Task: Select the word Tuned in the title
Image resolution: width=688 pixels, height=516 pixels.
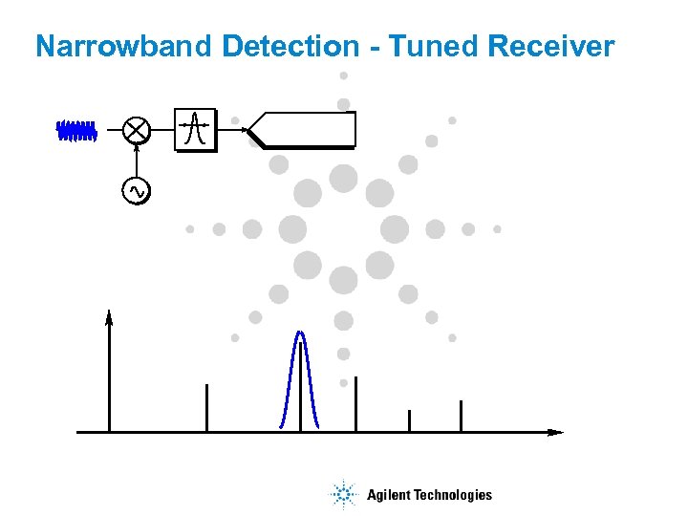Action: (435, 46)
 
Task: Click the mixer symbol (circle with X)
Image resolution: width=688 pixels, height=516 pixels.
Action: (138, 130)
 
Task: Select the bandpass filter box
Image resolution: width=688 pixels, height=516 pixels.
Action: (195, 129)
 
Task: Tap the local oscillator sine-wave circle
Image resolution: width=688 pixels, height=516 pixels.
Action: (137, 191)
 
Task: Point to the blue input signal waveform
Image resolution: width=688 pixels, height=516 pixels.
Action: (76, 130)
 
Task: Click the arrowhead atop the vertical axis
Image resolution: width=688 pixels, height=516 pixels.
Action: (109, 317)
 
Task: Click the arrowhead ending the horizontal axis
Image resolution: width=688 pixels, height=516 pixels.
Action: (556, 432)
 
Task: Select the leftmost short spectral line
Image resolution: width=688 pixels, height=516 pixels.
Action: (206, 408)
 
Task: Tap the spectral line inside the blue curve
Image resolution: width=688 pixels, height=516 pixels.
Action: (301, 392)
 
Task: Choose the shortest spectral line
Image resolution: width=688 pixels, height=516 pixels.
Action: (409, 420)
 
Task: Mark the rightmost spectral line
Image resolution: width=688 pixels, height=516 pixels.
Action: (461, 416)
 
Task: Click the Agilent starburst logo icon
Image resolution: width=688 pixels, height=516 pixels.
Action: (343, 494)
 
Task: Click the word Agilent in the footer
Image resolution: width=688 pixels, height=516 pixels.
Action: (388, 495)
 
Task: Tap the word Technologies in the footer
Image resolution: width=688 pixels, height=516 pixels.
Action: (453, 495)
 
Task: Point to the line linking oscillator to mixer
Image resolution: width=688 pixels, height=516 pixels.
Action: (137, 161)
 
